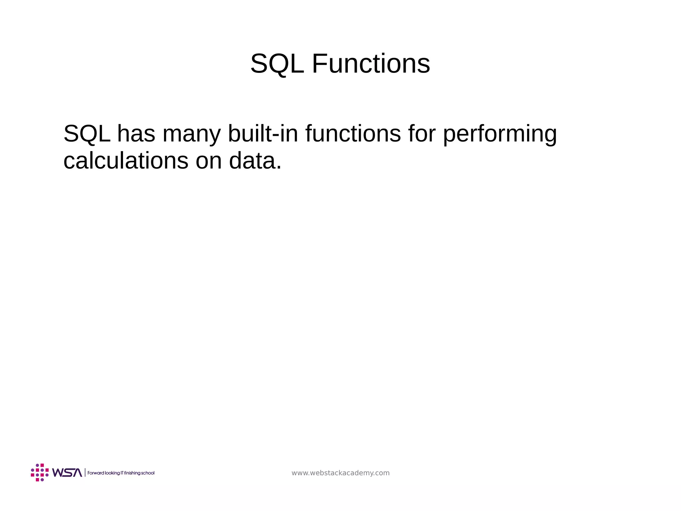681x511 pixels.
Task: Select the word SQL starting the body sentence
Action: [87, 133]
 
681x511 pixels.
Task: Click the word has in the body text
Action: [136, 133]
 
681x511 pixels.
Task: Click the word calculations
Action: [126, 161]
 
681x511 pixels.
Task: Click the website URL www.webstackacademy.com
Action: [340, 473]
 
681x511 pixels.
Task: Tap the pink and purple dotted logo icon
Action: [40, 472]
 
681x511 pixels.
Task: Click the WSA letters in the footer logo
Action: [67, 473]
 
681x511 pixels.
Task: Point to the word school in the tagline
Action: [148, 473]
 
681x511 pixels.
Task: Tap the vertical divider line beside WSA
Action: [85, 473]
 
